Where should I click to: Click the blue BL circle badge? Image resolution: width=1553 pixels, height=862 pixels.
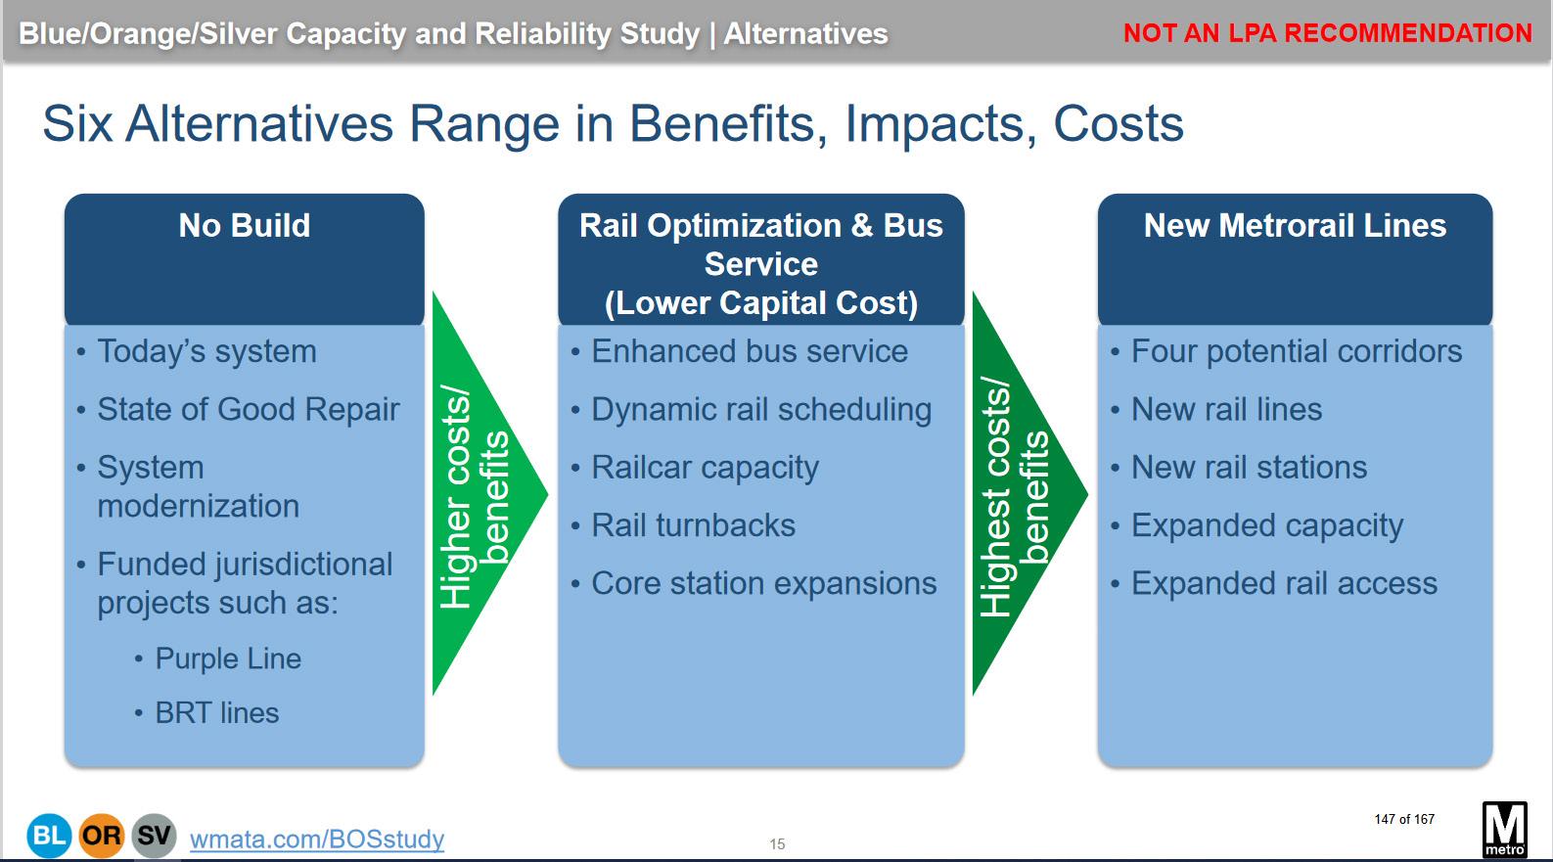(x=49, y=835)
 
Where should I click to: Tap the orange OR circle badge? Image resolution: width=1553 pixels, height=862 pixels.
(x=101, y=835)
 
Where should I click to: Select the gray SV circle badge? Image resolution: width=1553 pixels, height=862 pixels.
(x=154, y=835)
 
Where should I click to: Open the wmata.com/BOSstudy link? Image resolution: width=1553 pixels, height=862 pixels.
(x=317, y=839)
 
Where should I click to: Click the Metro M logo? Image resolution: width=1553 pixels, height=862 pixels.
(x=1504, y=830)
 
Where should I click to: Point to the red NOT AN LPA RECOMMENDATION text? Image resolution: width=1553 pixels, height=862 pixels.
(x=1327, y=32)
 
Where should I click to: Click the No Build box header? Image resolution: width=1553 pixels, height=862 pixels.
(x=244, y=259)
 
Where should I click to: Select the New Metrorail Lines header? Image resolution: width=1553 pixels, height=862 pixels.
(x=1295, y=259)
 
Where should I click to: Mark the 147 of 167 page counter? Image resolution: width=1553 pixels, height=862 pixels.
(x=1404, y=819)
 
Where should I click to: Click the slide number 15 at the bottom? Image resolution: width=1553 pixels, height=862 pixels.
(x=777, y=844)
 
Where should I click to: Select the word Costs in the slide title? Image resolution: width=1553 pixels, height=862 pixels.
(x=1119, y=124)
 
